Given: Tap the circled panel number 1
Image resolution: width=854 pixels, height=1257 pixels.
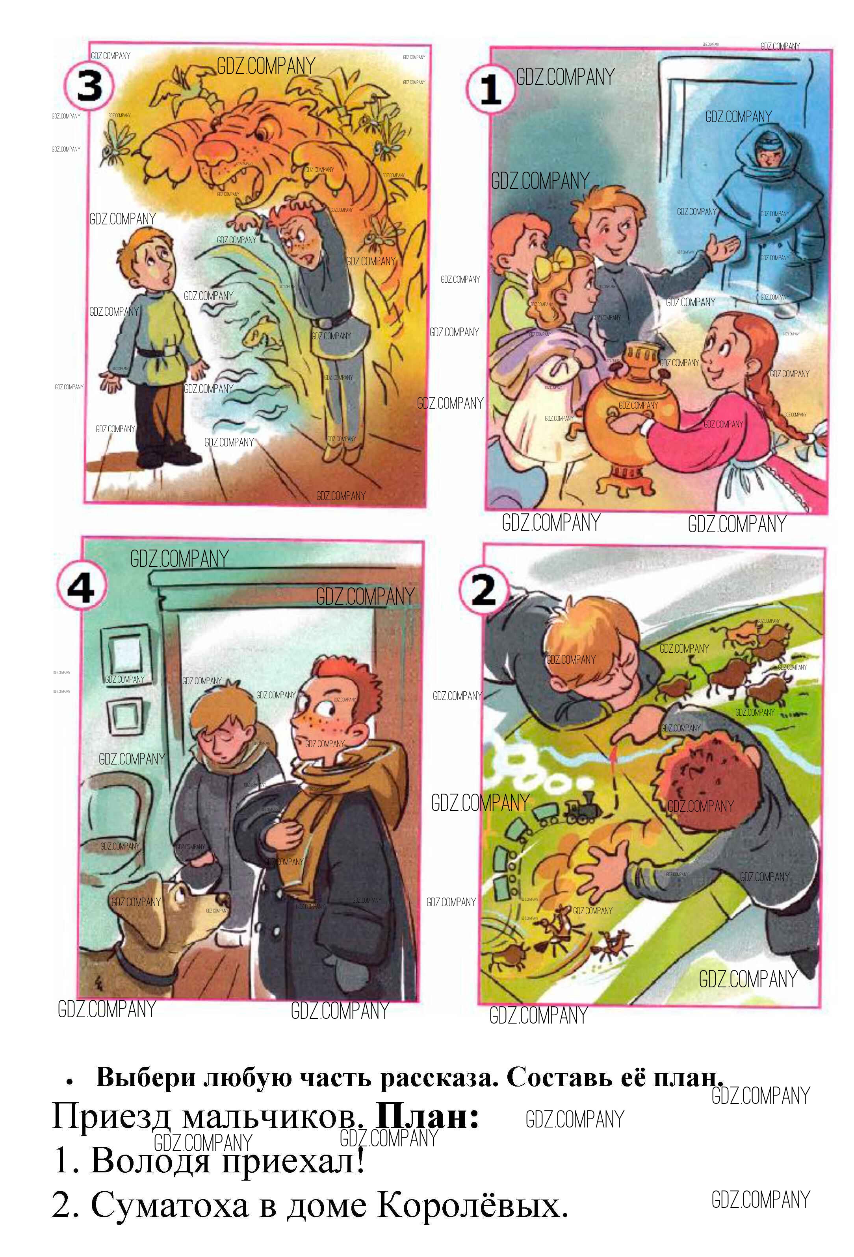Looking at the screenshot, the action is click(491, 89).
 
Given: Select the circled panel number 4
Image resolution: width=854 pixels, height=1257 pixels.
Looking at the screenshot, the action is click(81, 588).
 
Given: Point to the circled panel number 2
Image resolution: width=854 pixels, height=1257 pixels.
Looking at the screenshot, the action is click(484, 591).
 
